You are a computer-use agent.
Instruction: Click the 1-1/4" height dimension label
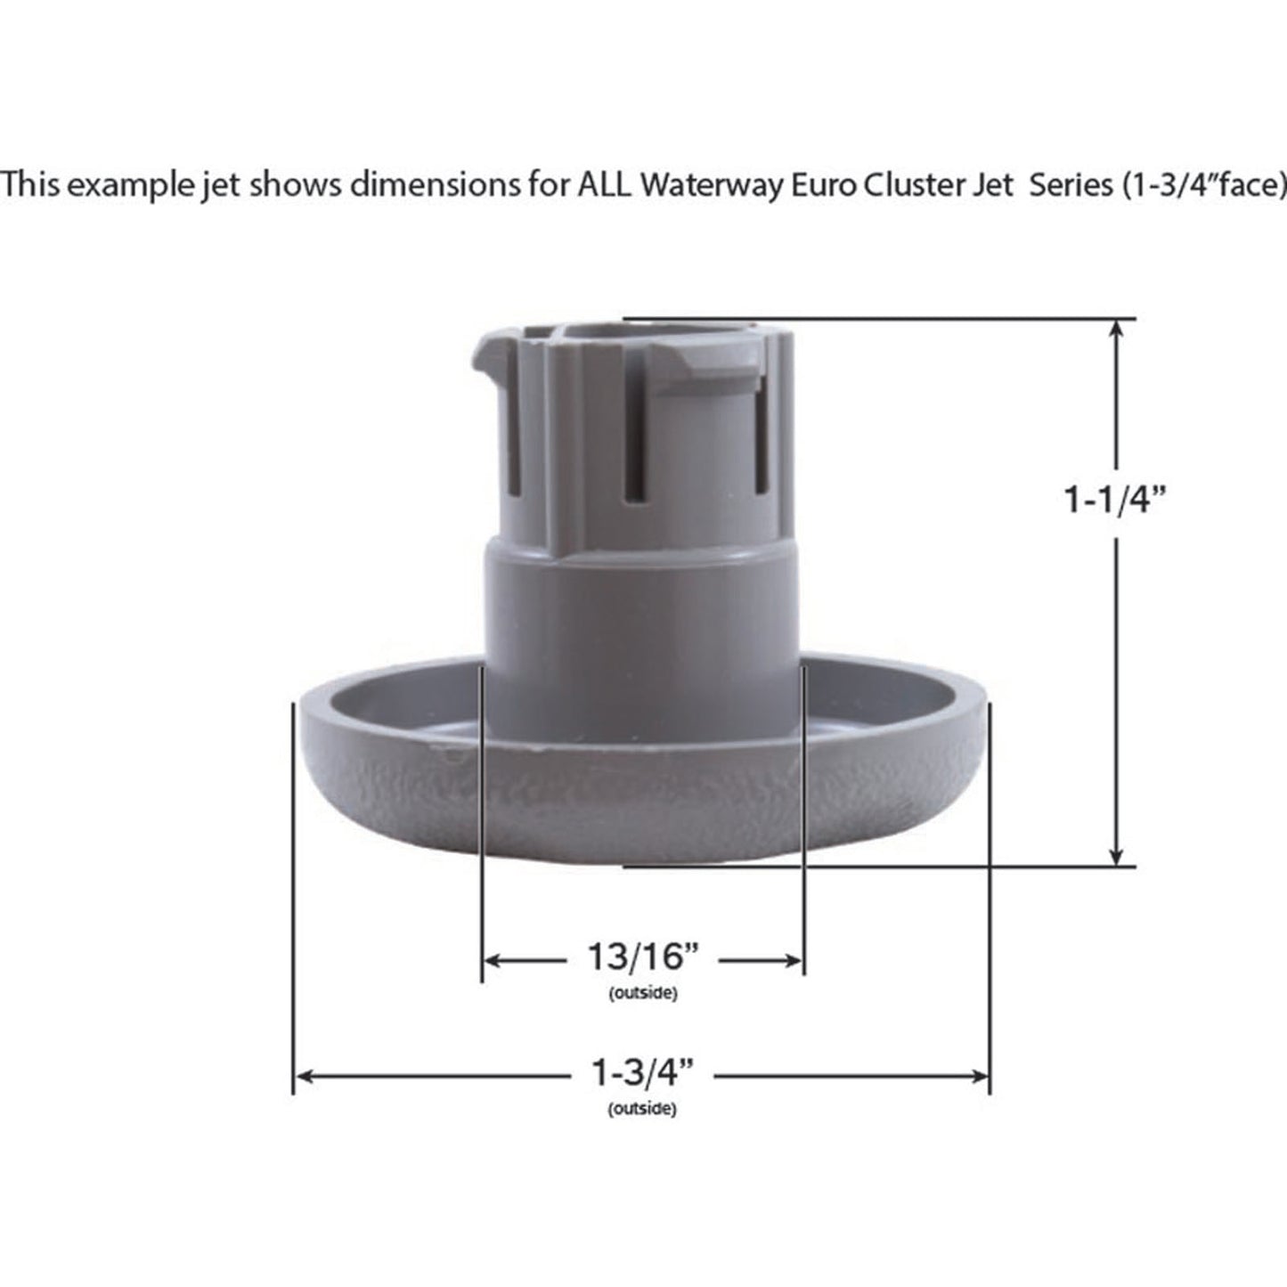1115,501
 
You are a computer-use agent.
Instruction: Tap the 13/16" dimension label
641,958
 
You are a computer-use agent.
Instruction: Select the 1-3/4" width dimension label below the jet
642,1074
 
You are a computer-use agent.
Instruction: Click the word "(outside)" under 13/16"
642,993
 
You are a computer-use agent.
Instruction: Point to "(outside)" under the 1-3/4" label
642,1109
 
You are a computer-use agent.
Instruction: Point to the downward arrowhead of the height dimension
1116,856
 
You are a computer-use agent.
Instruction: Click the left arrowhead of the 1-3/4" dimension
304,1076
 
